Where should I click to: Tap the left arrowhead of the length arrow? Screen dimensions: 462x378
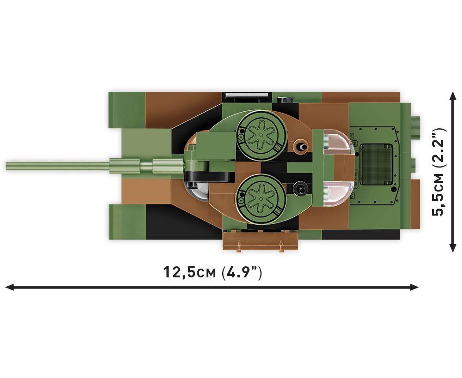[x=9, y=287]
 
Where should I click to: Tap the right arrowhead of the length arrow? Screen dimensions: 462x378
[x=414, y=287]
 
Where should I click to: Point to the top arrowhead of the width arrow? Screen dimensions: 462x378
[x=453, y=96]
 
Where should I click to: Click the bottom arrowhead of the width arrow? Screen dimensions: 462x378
[x=453, y=248]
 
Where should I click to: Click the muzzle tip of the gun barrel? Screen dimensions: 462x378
[x=7, y=166]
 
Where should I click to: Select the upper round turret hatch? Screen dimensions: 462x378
[x=261, y=136]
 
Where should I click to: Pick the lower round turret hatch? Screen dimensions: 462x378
[x=261, y=199]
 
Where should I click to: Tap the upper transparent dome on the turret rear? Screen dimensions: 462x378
[x=338, y=142]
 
